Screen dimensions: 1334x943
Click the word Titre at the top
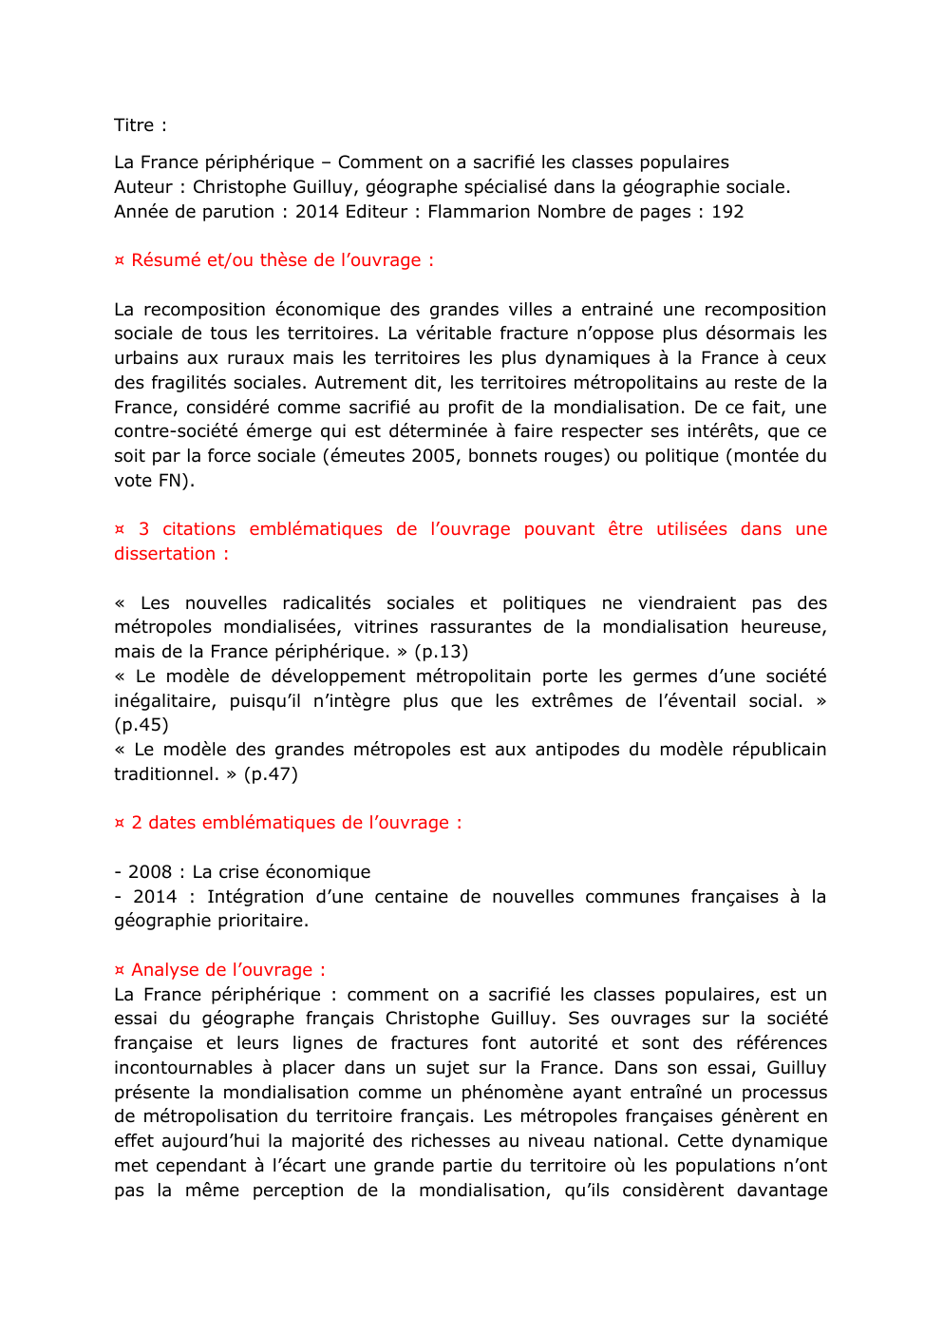coord(133,125)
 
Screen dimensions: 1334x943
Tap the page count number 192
coord(727,212)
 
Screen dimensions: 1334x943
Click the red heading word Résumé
coord(165,260)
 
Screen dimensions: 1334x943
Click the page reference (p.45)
coord(141,725)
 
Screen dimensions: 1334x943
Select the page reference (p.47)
coord(271,774)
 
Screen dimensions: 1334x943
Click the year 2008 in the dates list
coord(150,872)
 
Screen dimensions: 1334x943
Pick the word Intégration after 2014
coord(255,897)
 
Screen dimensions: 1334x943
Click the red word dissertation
coord(164,554)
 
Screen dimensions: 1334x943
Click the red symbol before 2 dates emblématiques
coord(120,823)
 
